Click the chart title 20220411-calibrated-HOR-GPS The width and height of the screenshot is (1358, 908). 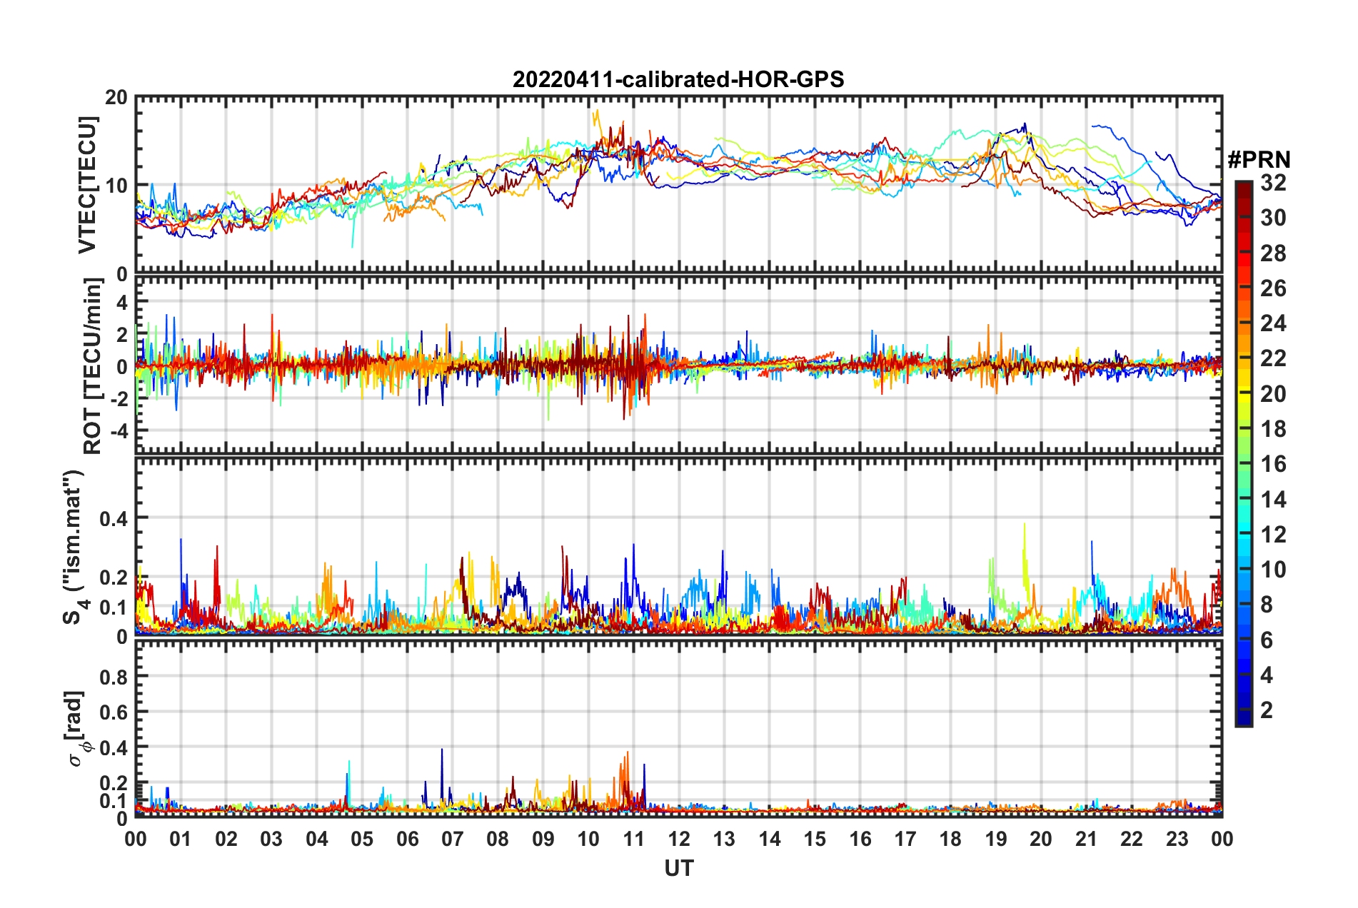pos(678,79)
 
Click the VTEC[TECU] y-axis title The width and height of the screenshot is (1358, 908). pos(87,185)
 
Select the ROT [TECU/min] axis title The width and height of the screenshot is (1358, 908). pos(92,366)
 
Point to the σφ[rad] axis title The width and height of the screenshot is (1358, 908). pos(76,728)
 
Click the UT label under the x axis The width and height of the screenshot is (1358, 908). pos(678,868)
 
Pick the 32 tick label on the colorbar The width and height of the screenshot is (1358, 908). pos(1273,183)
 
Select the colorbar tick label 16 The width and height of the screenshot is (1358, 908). pos(1273,464)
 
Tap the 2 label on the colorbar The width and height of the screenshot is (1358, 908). pos(1267,710)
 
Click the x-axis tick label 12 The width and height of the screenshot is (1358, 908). pos(678,839)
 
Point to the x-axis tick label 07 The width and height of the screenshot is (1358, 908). pos(453,839)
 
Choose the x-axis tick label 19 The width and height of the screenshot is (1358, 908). pos(995,839)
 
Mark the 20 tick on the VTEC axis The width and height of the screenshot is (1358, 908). pos(116,98)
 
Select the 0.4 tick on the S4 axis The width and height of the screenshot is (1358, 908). pos(114,518)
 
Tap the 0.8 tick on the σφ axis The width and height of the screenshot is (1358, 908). pos(114,677)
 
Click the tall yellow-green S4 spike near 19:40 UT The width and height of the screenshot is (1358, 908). pos(1025,525)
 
